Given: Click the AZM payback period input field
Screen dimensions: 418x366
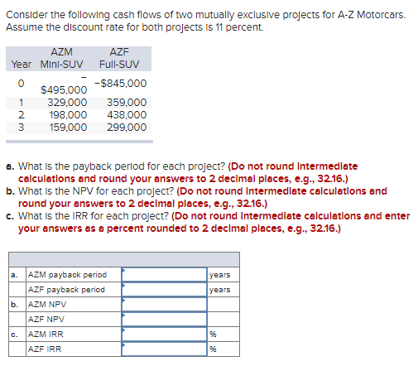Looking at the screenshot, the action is click(x=164, y=274).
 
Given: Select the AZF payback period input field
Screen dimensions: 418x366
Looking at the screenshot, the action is click(x=164, y=289).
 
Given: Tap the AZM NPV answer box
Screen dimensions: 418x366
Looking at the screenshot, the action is click(x=164, y=304).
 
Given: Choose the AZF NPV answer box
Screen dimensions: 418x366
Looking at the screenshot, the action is click(x=164, y=319).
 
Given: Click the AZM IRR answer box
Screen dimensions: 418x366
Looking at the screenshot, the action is click(x=164, y=334).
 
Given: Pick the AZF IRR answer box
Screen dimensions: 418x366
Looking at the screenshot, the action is click(x=164, y=349).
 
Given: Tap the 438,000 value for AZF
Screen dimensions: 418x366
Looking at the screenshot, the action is click(x=127, y=115).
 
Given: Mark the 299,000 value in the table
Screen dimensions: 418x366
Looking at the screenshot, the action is click(x=127, y=127).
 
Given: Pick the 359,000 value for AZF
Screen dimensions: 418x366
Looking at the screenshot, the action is click(x=127, y=104).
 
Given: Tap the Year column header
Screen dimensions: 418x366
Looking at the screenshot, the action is click(x=22, y=64).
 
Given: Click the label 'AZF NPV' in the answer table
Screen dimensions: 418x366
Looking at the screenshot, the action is click(x=47, y=319).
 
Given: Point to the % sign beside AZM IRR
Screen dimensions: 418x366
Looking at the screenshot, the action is click(x=213, y=334).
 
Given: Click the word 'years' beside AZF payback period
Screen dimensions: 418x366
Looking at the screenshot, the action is click(x=219, y=289).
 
